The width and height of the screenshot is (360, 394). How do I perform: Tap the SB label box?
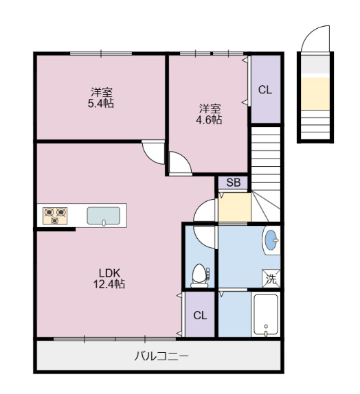coord(233,183)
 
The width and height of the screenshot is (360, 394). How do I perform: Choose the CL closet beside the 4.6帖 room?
coord(265,89)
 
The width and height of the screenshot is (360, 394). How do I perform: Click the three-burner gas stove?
coord(55,216)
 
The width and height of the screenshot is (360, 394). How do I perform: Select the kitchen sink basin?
coord(103,216)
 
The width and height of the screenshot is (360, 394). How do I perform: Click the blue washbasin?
coord(271,241)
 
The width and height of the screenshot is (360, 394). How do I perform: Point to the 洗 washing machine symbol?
coord(271,279)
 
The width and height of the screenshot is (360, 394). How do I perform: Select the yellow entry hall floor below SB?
coord(234,207)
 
